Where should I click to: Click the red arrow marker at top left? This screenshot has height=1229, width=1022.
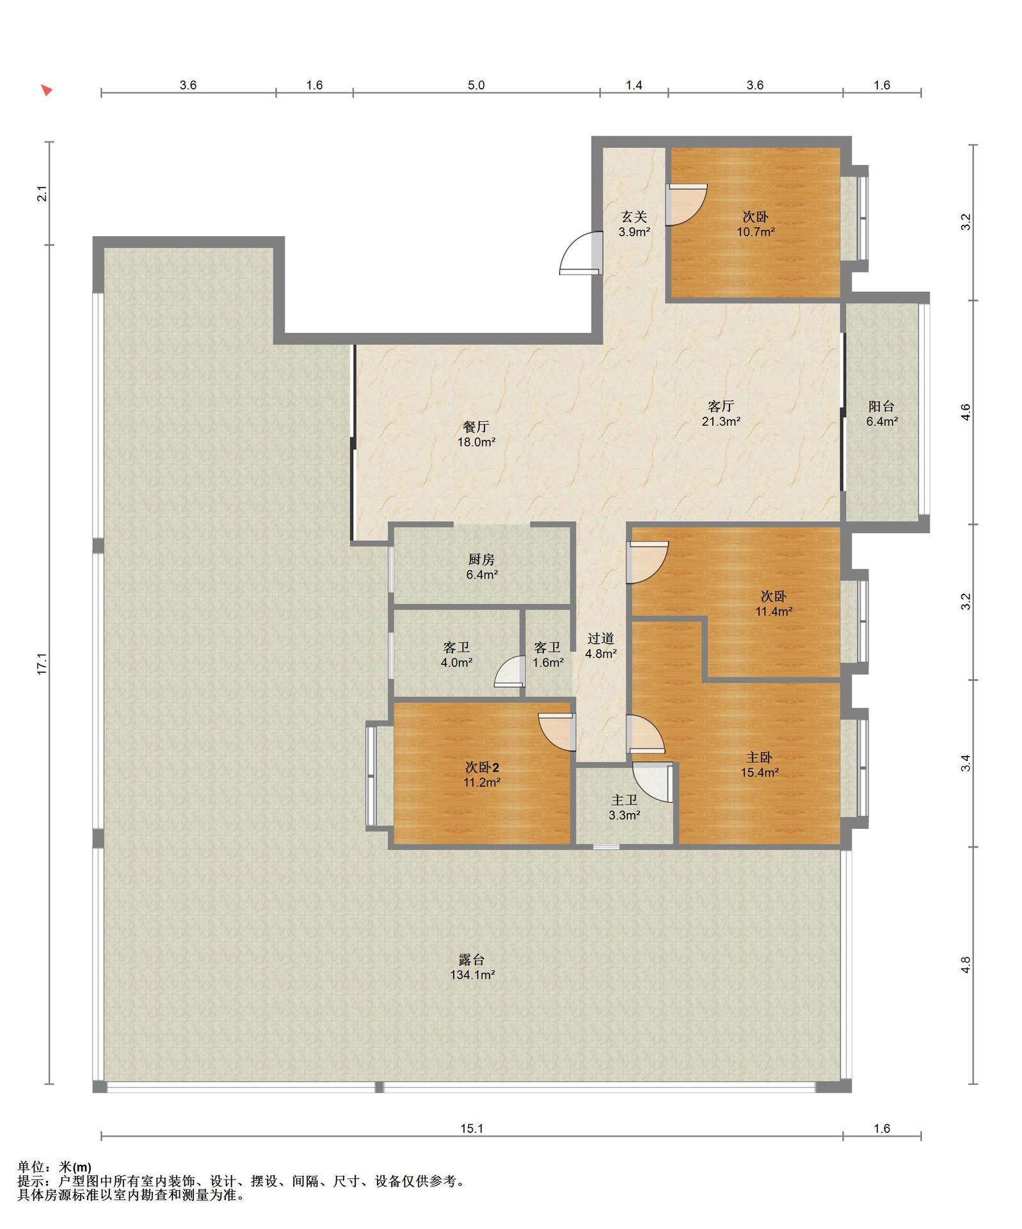pos(47,90)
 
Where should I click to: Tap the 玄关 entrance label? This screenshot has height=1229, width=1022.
pos(634,216)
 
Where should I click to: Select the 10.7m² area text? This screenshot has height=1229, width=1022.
pos(755,232)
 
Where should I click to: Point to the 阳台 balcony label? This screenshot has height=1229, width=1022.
pos(881,406)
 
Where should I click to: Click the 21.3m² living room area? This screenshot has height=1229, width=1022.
pos(721,421)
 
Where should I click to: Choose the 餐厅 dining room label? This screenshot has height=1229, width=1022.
pos(476,426)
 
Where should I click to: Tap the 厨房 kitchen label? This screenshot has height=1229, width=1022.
pos(481,559)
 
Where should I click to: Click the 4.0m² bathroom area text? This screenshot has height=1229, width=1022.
pos(456,663)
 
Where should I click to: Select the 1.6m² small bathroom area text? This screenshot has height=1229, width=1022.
pos(548,663)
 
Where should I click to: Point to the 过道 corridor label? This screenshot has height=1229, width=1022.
pos(601,638)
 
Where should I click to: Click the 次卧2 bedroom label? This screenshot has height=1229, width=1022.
pos(482,767)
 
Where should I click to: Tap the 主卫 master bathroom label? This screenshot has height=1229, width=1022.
pos(625,800)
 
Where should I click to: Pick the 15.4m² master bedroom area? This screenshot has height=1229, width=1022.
pos(760,773)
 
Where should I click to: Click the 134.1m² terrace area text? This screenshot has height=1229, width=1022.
pos(472,975)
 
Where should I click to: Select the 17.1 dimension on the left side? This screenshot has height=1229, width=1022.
pos(42,664)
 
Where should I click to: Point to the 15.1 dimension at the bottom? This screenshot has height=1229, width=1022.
pos(472,1129)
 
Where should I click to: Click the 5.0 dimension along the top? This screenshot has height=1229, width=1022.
pos(476,85)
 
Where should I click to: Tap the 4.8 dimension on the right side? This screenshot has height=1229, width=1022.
pos(966,965)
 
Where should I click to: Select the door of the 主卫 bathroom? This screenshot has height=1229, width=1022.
pos(653,782)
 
